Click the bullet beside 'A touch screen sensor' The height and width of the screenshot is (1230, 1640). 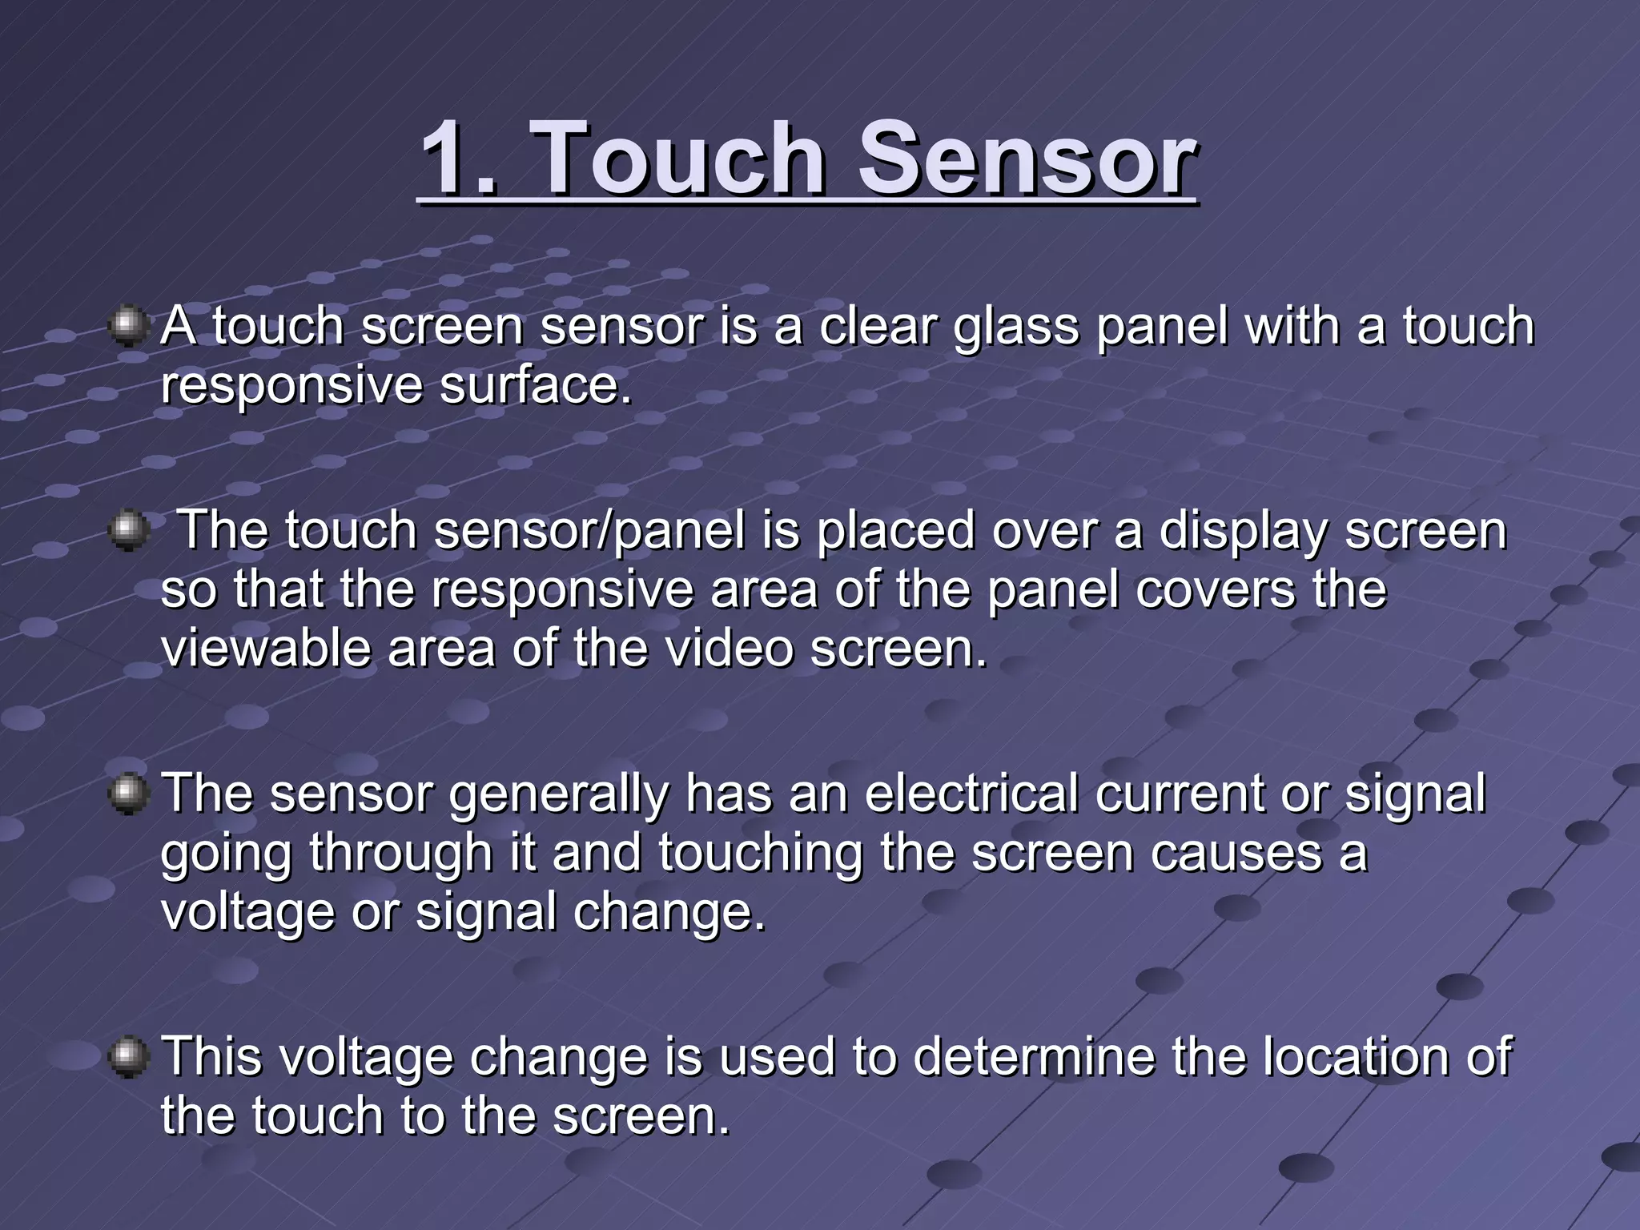[x=128, y=328]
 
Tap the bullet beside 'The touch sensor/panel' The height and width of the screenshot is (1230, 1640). [x=128, y=531]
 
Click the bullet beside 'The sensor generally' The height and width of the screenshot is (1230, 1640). [x=128, y=794]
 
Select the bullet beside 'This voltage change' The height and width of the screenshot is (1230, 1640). [x=128, y=1057]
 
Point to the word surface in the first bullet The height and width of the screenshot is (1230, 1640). [x=535, y=387]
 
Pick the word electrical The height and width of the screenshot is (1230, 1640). [x=971, y=794]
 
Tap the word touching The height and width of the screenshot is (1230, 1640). [x=761, y=854]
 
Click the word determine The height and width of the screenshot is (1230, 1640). [x=1034, y=1057]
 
